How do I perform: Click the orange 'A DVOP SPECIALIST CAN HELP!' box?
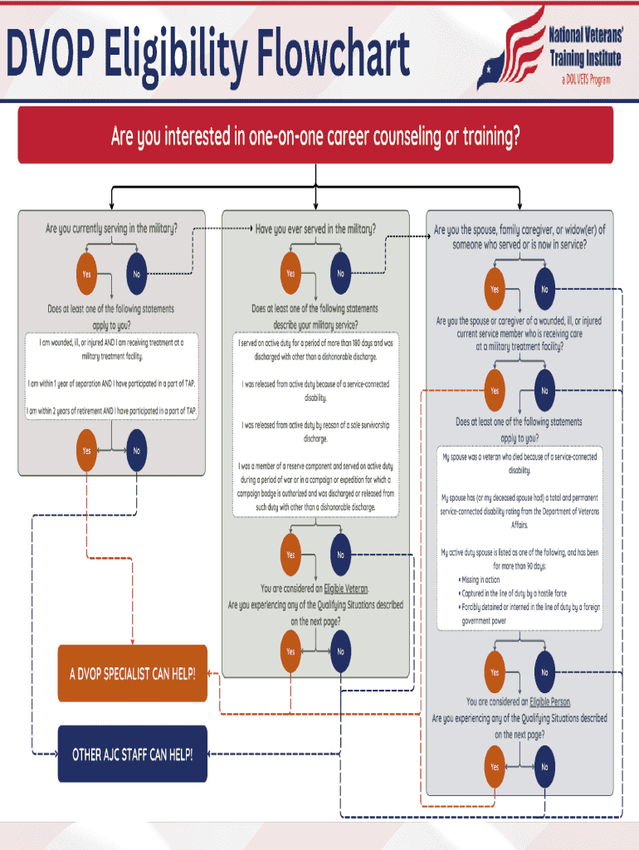(132, 673)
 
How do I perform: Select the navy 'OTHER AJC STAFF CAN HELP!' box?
(132, 755)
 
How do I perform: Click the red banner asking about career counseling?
(315, 136)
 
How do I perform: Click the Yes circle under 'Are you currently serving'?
(86, 274)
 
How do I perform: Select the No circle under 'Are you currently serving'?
(137, 274)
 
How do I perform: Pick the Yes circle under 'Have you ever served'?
(290, 274)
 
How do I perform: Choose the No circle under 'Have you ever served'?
(340, 274)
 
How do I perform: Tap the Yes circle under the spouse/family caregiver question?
(495, 290)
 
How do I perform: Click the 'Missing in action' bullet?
(481, 579)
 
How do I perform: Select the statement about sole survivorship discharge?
(315, 432)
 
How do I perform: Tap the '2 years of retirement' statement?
(111, 410)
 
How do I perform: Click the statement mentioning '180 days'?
(315, 349)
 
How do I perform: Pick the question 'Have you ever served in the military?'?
(315, 228)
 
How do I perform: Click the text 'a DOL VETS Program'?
(586, 80)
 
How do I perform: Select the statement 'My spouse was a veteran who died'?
(519, 463)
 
